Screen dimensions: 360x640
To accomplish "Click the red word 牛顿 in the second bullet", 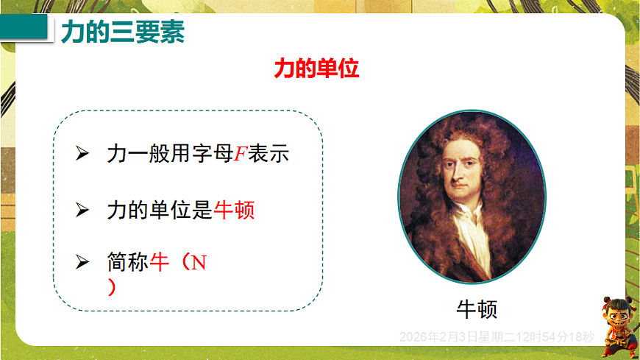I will (x=235, y=210).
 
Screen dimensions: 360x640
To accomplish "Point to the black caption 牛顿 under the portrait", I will (x=477, y=308).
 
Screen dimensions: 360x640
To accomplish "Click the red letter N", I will (x=199, y=263).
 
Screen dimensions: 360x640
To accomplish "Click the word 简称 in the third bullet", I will (x=127, y=262).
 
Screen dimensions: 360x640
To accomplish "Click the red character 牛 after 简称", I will (x=160, y=262).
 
